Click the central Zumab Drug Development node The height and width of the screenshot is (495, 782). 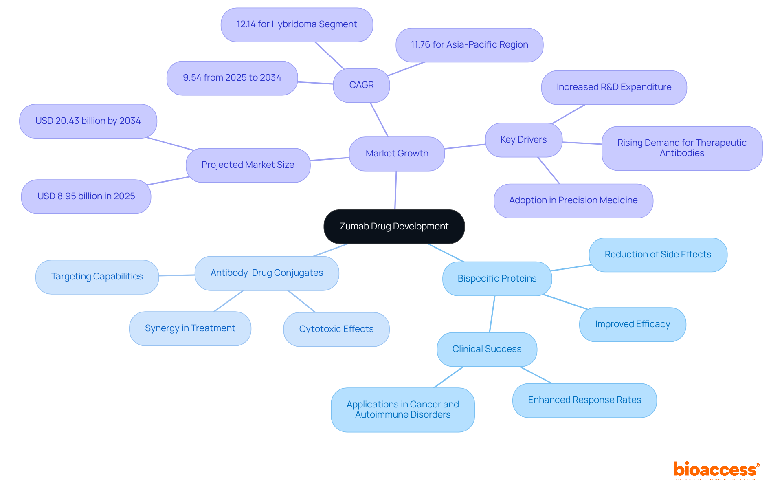394,227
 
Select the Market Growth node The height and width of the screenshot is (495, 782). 397,154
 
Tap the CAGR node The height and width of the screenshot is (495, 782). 361,85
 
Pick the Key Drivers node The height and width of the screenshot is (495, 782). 523,140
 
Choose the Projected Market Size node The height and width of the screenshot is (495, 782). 248,165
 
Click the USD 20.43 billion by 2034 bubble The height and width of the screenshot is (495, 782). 88,121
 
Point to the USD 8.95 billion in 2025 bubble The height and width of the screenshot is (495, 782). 86,196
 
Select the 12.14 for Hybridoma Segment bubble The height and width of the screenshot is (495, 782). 297,24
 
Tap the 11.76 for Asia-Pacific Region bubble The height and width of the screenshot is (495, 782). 469,45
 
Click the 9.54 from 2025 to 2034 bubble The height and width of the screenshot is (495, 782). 232,78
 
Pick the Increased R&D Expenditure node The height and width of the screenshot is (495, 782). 614,87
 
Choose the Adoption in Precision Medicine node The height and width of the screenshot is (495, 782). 573,200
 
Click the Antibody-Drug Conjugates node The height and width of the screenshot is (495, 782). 267,273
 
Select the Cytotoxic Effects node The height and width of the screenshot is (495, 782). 336,329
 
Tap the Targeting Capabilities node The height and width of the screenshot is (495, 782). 97,277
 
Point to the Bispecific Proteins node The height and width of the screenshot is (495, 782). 497,279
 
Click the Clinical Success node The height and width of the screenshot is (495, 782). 487,349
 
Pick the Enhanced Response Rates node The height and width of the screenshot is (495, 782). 584,400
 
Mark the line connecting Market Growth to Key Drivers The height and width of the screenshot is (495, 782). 465,146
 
